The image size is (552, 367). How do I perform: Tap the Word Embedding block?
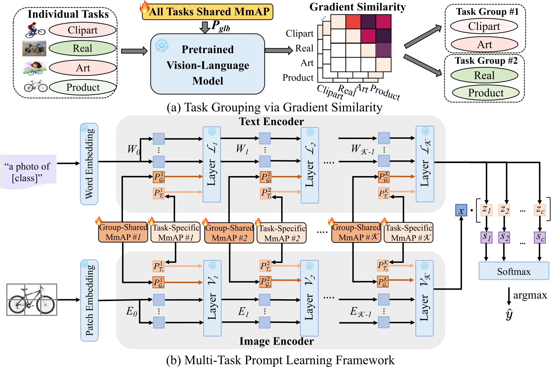[x=89, y=164]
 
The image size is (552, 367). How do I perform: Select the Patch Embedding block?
[x=89, y=300]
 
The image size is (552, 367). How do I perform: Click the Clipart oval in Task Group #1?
[x=484, y=26]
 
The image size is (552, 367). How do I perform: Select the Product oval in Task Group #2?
[x=486, y=93]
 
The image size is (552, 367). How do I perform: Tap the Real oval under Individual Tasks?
[x=82, y=48]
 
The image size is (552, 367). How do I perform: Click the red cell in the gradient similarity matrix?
[x=353, y=22]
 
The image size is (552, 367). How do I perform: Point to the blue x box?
[x=461, y=211]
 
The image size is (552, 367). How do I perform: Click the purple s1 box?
[x=486, y=237]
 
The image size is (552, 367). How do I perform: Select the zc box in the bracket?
[x=540, y=210]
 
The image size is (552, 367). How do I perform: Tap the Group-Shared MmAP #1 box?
[x=123, y=232]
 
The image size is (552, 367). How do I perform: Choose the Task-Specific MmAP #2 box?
[x=282, y=233]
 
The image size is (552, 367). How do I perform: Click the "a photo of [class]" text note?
[x=28, y=172]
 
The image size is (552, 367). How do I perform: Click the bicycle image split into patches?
[x=32, y=300]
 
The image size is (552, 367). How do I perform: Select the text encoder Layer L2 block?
[x=310, y=165]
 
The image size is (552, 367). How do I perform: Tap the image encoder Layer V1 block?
[x=212, y=298]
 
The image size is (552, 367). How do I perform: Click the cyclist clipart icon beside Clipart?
[x=35, y=30]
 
